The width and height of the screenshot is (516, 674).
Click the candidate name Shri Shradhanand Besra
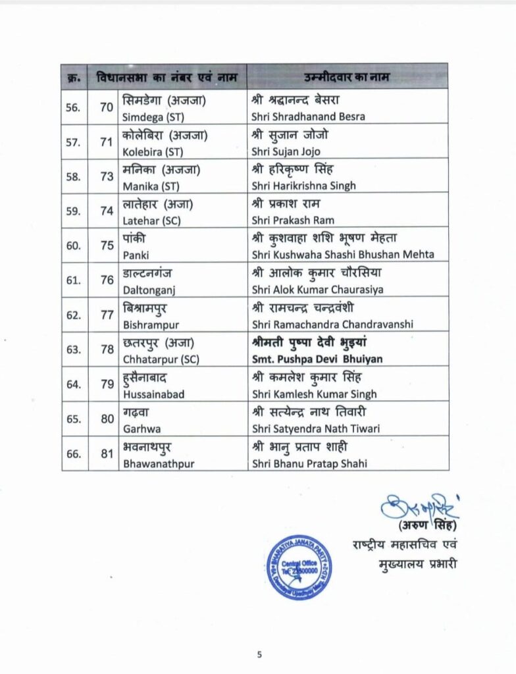point(308,117)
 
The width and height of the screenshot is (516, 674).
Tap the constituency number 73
point(107,177)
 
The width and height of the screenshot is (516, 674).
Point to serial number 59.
point(74,211)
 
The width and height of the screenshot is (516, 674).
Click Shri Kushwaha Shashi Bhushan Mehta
point(343,254)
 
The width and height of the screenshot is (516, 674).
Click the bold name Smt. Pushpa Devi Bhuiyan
point(317,359)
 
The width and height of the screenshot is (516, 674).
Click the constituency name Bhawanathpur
point(159,463)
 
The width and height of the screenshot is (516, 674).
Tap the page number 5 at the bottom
point(259,654)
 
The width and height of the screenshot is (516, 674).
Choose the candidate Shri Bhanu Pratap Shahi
point(309,463)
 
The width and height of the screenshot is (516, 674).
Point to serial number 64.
point(74,385)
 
